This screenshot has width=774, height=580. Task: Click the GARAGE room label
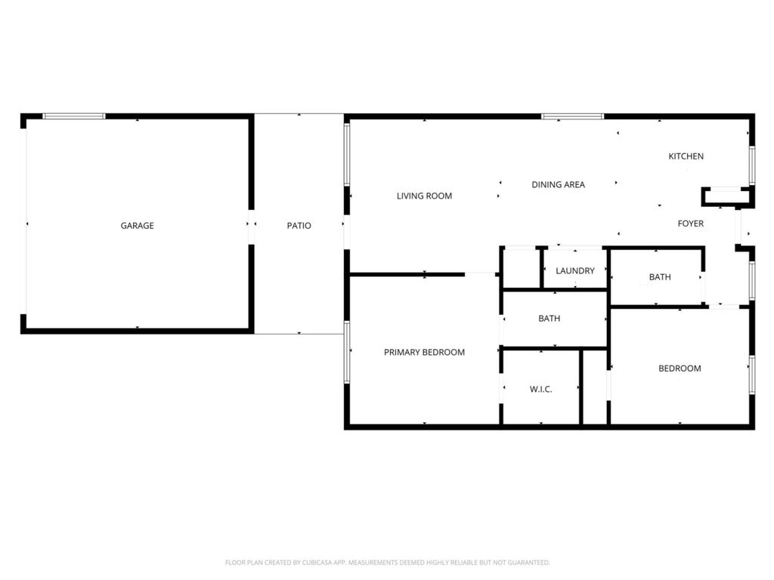pos(138,225)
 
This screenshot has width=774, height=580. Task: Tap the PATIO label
pos(299,225)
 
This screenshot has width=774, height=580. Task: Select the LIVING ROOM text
pos(425,196)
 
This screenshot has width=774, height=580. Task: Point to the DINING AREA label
pos(559,184)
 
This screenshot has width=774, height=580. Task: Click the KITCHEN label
pos(686,156)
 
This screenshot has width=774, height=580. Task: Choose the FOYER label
pos(691,224)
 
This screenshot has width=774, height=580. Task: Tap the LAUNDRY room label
pos(575,271)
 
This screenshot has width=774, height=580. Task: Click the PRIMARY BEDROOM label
pos(425,352)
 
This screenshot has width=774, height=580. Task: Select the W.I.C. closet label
pos(541,389)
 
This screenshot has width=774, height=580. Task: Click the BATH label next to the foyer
pos(660,277)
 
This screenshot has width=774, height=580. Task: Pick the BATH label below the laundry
pos(550,319)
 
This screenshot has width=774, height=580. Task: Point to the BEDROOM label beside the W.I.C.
pos(680,369)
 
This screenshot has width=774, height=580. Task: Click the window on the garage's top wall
pos(74,116)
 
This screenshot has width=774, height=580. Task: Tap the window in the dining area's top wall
pos(573,117)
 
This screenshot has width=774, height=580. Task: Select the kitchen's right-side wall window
pos(752,165)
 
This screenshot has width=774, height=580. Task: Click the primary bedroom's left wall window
pos(347,352)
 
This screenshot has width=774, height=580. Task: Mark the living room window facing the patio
pos(347,155)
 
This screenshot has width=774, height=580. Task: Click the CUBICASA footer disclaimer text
pos(388,562)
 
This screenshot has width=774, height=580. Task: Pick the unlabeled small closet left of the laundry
pos(522,268)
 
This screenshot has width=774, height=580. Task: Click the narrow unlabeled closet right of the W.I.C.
pos(595,387)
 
